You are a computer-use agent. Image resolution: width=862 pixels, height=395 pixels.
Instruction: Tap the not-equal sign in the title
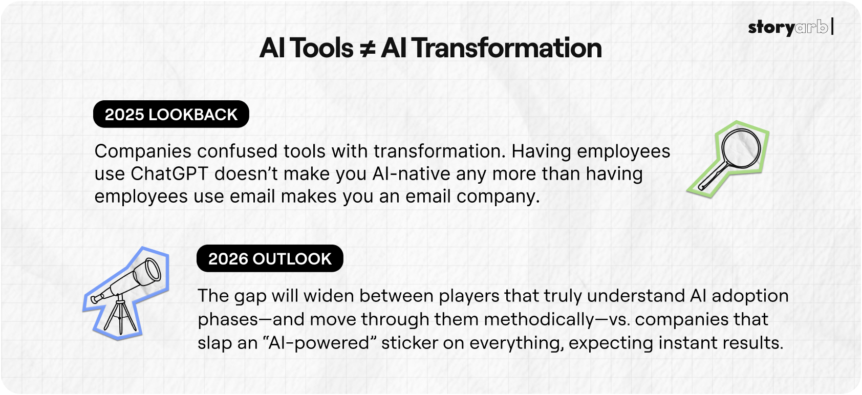(x=367, y=49)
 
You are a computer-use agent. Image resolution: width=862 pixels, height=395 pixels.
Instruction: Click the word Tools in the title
(x=321, y=48)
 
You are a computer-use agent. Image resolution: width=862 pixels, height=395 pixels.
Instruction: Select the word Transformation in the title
(x=507, y=48)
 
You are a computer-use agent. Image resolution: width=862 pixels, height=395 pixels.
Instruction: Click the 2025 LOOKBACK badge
(x=171, y=114)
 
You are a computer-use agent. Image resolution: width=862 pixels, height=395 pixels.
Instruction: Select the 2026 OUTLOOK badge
(x=270, y=258)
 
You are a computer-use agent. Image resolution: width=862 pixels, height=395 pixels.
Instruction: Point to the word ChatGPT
(x=169, y=173)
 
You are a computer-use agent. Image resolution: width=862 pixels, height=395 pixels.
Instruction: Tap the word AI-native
(x=412, y=173)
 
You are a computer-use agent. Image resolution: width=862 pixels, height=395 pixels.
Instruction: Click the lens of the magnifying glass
(x=741, y=148)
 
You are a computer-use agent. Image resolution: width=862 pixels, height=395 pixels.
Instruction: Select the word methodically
(x=535, y=320)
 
